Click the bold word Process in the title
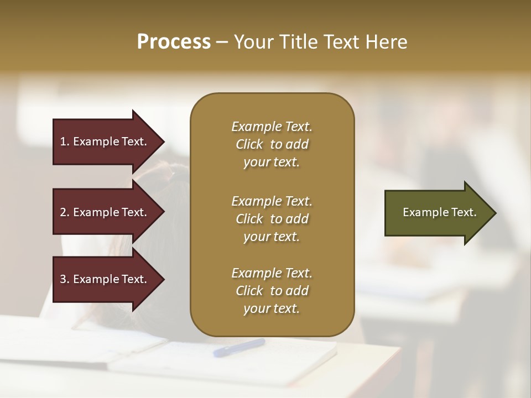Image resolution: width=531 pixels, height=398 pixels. [174, 42]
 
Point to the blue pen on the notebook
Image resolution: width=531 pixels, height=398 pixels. [239, 347]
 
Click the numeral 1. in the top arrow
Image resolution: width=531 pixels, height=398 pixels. [65, 142]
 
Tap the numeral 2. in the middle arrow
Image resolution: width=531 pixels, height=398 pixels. [65, 212]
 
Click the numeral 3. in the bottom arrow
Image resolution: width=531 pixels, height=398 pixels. [65, 279]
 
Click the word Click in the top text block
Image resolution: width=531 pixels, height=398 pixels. [249, 145]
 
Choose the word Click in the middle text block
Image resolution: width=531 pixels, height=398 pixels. [249, 219]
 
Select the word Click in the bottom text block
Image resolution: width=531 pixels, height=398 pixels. [249, 291]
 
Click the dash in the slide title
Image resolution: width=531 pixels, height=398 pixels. [222, 43]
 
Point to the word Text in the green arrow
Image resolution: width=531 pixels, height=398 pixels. [465, 212]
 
